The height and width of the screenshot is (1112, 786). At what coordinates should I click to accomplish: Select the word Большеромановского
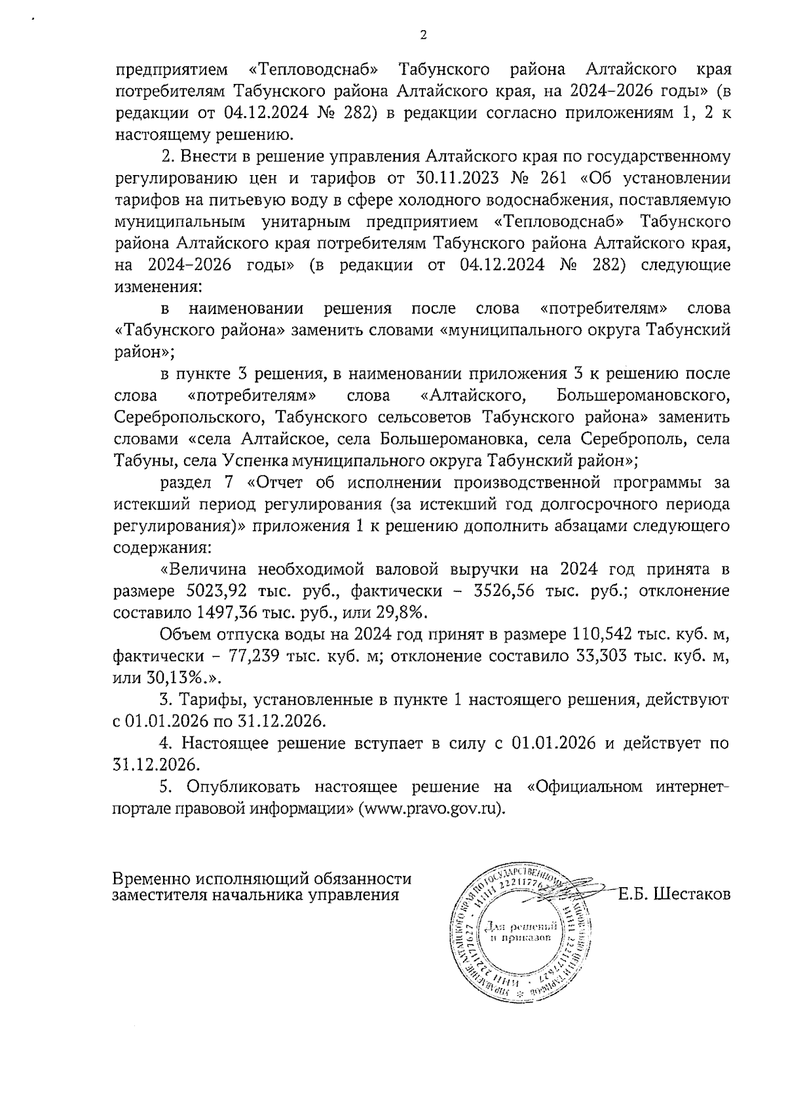click(x=643, y=395)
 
